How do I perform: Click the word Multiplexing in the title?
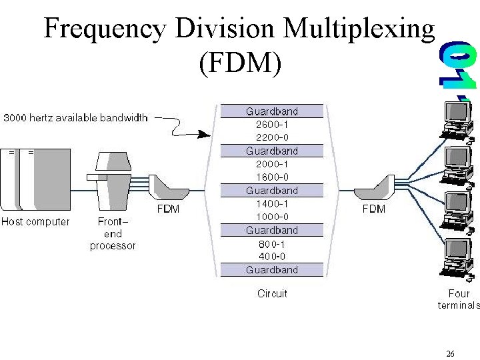click(359, 29)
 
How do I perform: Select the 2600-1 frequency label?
click(272, 124)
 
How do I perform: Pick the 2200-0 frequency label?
click(272, 137)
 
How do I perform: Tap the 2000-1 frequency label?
click(272, 164)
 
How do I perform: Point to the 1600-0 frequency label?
click(272, 177)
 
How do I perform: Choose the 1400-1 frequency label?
click(272, 203)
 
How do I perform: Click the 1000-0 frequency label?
click(272, 217)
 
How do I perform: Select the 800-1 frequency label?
click(272, 243)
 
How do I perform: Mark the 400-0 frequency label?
click(272, 257)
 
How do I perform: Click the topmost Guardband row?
click(272, 111)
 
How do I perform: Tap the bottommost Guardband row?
click(272, 270)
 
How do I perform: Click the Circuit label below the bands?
click(272, 293)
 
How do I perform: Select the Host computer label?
click(35, 221)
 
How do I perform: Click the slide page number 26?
click(450, 354)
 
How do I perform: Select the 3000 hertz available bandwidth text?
click(75, 118)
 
